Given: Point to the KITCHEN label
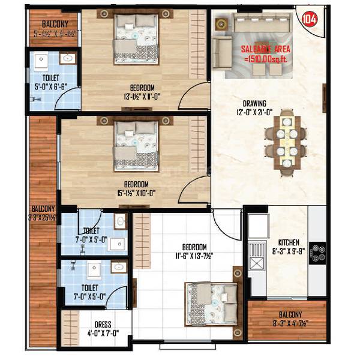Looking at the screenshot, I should click(x=280, y=227).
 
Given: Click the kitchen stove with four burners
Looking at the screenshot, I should click(x=317, y=253).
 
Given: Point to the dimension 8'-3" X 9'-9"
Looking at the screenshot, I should click(x=280, y=236).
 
